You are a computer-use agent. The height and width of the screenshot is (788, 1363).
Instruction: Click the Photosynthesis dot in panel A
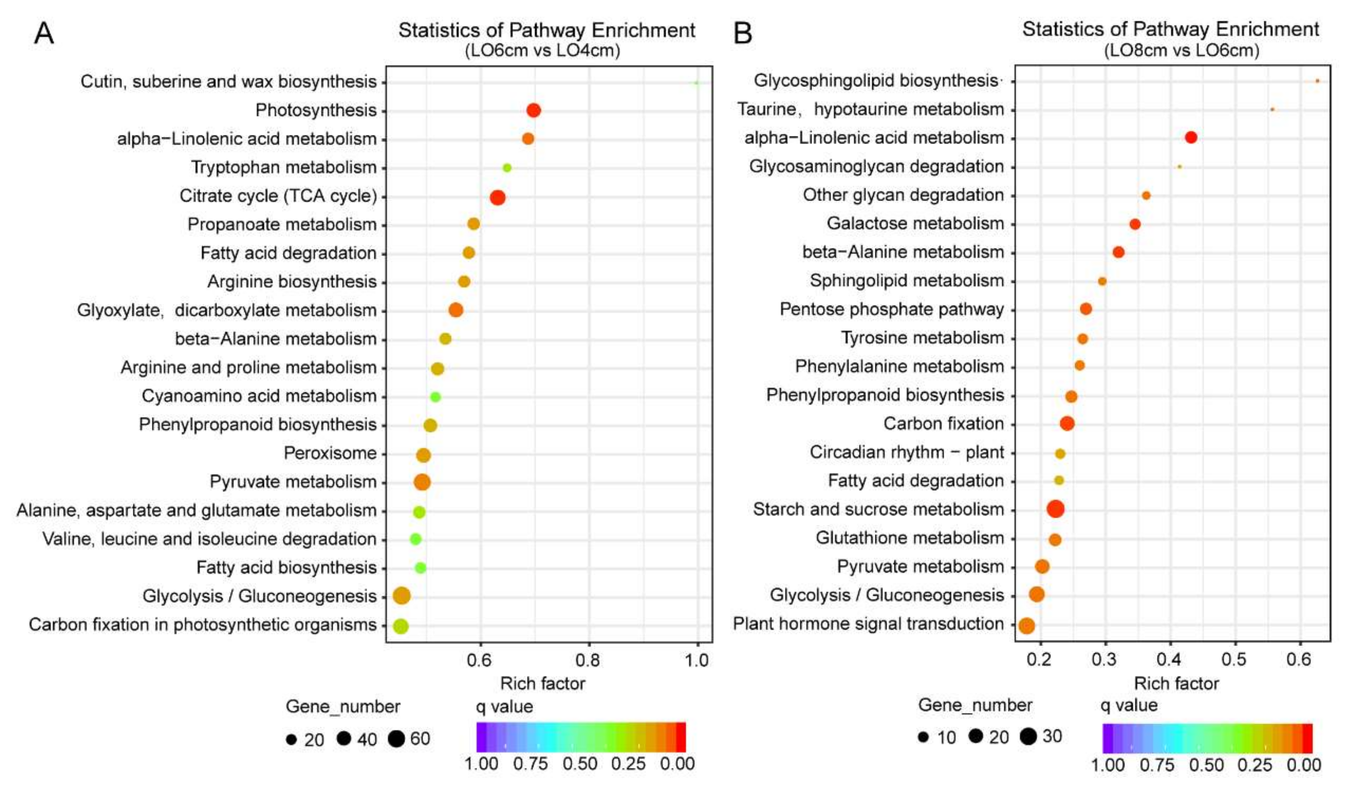coord(533,110)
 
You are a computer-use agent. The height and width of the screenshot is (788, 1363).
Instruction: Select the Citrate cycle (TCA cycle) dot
coord(498,197)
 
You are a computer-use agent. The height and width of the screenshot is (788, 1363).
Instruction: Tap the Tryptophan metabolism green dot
coord(507,168)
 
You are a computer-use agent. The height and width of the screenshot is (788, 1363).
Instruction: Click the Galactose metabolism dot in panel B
coord(1135,224)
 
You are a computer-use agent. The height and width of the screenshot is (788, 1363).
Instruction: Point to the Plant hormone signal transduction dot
coord(1026,626)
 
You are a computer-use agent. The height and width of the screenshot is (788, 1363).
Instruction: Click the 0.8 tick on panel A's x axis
coord(588,660)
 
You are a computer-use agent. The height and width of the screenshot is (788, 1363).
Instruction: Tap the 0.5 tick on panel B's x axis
coord(1234,659)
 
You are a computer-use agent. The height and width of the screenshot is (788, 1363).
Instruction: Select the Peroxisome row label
coord(330,453)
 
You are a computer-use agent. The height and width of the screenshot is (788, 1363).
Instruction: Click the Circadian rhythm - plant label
coord(906,452)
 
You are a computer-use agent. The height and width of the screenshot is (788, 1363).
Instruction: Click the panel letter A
coord(44,34)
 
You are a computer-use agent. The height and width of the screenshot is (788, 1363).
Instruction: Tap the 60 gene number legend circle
coord(396,739)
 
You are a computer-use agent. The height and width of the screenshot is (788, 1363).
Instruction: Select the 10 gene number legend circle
coord(923,737)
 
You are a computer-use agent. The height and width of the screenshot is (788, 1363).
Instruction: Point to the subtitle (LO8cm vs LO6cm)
coord(1181,51)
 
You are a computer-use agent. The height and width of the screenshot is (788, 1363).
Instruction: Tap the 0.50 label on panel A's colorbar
coord(580,764)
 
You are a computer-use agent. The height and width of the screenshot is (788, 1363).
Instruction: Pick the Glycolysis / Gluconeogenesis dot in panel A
coord(401,596)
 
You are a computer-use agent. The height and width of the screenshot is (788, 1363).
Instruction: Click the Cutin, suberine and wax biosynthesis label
coord(228,82)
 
